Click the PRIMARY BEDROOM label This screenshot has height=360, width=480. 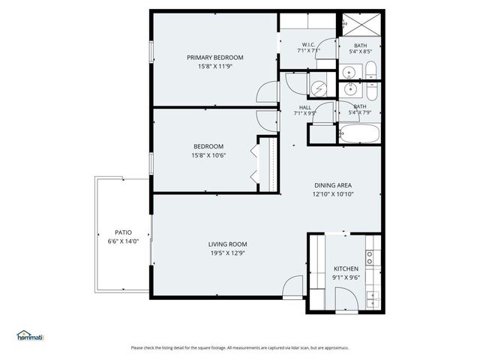coord(215,58)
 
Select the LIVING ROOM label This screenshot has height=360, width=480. coord(227,244)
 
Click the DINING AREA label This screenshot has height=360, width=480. coord(332,184)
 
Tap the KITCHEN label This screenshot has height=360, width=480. coord(346,268)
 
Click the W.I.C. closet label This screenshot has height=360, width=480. coord(307,44)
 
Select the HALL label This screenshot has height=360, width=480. coord(304,108)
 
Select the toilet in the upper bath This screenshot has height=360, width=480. coord(371,72)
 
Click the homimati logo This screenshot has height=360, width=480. coord(31,336)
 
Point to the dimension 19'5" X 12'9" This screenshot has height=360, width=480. coord(227,254)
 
